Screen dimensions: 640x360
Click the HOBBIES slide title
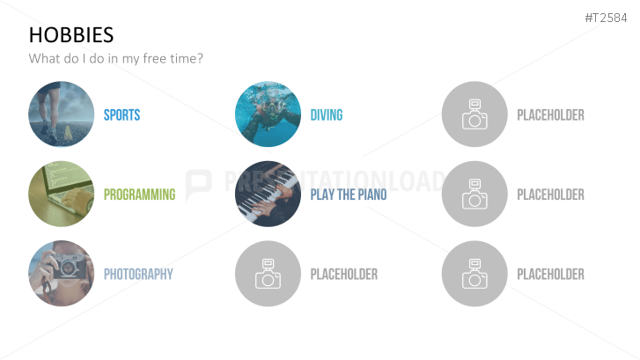pos(71,34)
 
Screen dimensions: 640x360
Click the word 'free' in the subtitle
pos(154,58)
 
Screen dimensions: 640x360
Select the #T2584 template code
pos(606,18)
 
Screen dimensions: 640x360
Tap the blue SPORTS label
pos(121,115)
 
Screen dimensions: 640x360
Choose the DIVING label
pos(327,115)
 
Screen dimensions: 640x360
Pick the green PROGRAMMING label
pos(140,195)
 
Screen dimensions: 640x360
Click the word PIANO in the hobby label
pos(372,195)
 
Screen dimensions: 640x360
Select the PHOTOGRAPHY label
pos(138,275)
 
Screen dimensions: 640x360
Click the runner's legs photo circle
pos(62,114)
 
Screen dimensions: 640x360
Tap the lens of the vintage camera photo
pos(68,268)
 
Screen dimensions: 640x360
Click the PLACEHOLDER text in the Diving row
pos(550,115)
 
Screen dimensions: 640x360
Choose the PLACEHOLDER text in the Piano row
pos(550,195)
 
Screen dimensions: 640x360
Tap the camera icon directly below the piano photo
pos(269,274)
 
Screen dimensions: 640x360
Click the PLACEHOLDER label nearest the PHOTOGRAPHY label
pos(344,275)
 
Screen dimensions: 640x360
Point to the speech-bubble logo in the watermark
pos(199,184)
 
